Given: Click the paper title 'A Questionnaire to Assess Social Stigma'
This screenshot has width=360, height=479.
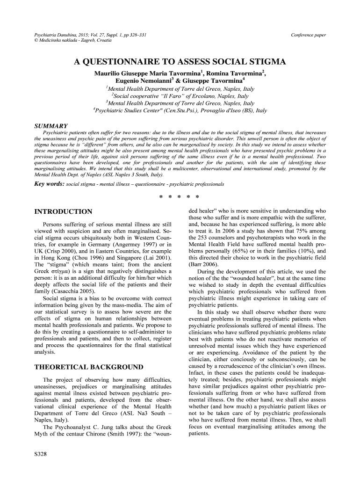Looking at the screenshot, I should point(180,62).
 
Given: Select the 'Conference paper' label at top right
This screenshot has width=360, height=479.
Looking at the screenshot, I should point(308,35).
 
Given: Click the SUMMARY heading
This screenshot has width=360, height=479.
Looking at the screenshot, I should point(51,126).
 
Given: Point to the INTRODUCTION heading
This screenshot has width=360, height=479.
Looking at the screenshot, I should point(63,212).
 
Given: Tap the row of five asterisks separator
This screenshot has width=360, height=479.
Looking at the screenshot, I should point(180,196).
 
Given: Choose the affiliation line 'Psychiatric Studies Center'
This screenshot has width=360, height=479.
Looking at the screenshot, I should point(180,111).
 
